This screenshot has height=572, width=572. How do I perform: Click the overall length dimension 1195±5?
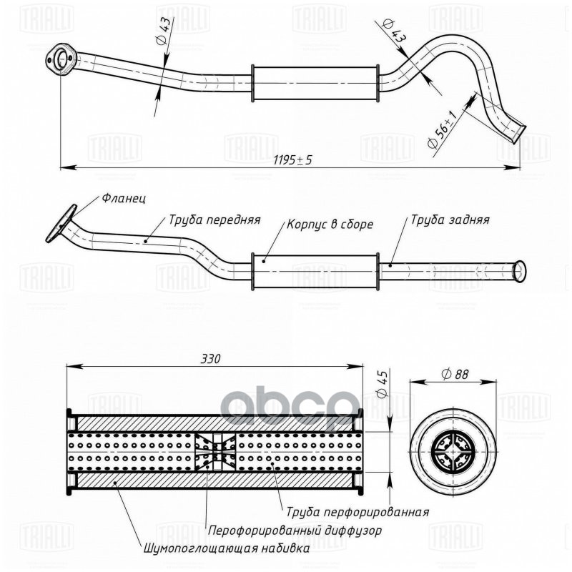pyautogui.click(x=292, y=159)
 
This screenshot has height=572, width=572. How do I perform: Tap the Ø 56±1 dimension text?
pyautogui.click(x=442, y=129)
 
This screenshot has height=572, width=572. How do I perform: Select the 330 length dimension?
pyautogui.click(x=211, y=359)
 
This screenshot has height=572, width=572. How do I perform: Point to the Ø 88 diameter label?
pyautogui.click(x=455, y=374)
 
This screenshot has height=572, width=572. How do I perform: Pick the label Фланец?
pyautogui.click(x=124, y=199)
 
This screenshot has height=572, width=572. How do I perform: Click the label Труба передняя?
pyautogui.click(x=214, y=220)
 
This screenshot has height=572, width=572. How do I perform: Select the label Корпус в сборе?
pyautogui.click(x=330, y=224)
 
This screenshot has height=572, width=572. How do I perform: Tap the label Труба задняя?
pyautogui.click(x=450, y=220)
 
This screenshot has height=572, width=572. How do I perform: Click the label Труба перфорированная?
pyautogui.click(x=357, y=512)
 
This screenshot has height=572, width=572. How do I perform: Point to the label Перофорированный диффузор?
pyautogui.click(x=295, y=530)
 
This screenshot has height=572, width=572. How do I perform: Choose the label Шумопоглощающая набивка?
pyautogui.click(x=227, y=548)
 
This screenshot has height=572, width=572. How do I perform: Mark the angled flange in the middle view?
pyautogui.click(x=61, y=223)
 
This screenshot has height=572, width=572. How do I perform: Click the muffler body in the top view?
pyautogui.click(x=315, y=84)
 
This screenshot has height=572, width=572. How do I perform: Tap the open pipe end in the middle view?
pyautogui.click(x=519, y=271)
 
